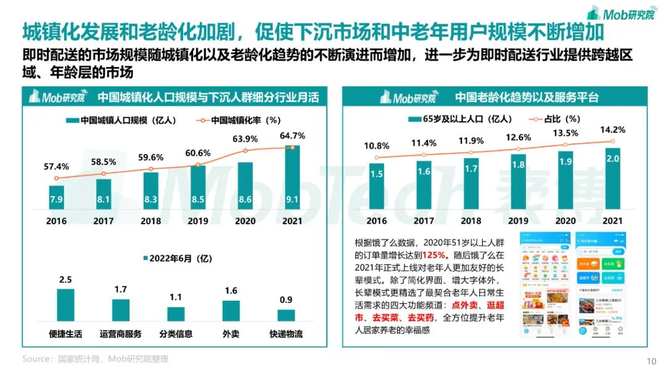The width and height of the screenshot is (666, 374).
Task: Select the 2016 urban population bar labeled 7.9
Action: pos(56,197)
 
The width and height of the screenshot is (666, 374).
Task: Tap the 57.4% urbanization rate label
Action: pos(56,167)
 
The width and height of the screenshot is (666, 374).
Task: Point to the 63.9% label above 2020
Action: pos(245,139)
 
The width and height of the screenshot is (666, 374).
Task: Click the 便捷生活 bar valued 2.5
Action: pos(65,304)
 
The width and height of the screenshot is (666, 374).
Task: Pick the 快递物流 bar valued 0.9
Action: pos(286,315)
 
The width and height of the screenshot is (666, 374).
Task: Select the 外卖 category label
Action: pos(231,334)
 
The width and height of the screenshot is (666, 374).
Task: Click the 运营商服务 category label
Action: pos(120,334)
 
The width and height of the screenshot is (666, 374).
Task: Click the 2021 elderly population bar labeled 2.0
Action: pos(612,179)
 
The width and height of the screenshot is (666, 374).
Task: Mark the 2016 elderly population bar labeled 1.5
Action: pos(376,185)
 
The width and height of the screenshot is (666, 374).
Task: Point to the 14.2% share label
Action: pos(612,130)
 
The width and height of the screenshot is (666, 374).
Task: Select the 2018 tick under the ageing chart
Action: pos(471,221)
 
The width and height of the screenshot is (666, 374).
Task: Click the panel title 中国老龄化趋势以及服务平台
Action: pos(527,97)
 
